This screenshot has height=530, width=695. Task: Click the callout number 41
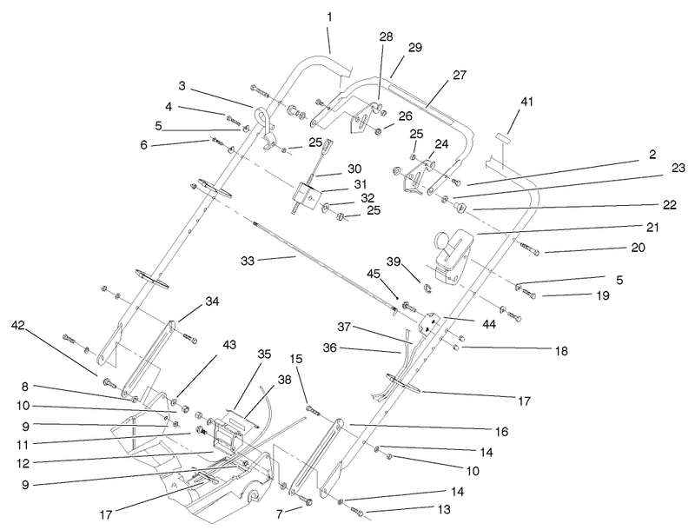526,103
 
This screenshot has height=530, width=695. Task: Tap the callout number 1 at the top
329,16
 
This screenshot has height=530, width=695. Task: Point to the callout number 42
17,326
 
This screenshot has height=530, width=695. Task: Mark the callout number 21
652,228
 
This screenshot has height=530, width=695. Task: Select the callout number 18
561,351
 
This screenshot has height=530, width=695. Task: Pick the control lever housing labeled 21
448,256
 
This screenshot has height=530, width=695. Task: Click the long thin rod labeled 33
330,261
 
